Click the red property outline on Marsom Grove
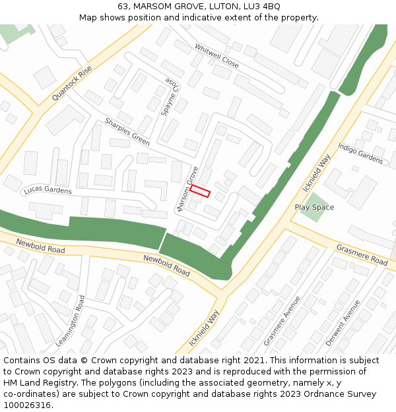(200, 191)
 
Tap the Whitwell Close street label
(216, 56)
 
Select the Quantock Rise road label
(72, 84)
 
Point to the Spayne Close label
(172, 95)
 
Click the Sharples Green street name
(127, 132)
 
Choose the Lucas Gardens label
(48, 191)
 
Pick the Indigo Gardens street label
(360, 153)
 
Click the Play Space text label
(314, 208)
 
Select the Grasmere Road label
(362, 255)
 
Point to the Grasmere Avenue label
(282, 320)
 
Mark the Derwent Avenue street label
(343, 323)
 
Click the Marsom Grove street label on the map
(187, 189)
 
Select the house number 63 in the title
(123, 7)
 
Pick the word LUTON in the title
(210, 7)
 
